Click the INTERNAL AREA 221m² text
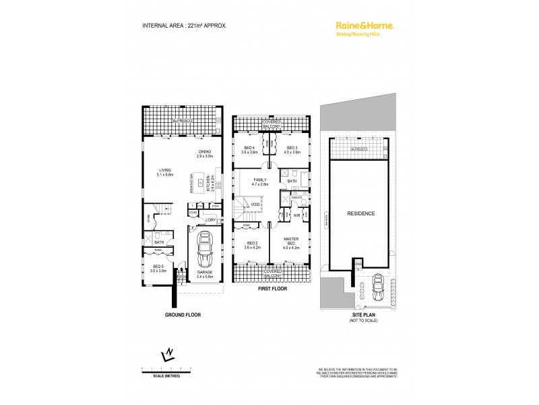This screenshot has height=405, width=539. click(x=184, y=25)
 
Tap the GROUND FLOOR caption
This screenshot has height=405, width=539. click(x=183, y=315)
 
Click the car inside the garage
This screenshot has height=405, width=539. click(x=203, y=251)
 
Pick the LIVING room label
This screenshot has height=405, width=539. click(x=164, y=171)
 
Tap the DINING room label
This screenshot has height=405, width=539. click(x=204, y=152)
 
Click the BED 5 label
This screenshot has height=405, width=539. click(x=159, y=267)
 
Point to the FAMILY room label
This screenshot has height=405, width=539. click(x=260, y=180)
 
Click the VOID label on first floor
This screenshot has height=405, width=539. click(x=255, y=205)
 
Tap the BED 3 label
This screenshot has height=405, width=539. click(x=292, y=148)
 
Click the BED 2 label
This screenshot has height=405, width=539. click(x=251, y=244)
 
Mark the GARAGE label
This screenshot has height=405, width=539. click(x=203, y=273)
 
